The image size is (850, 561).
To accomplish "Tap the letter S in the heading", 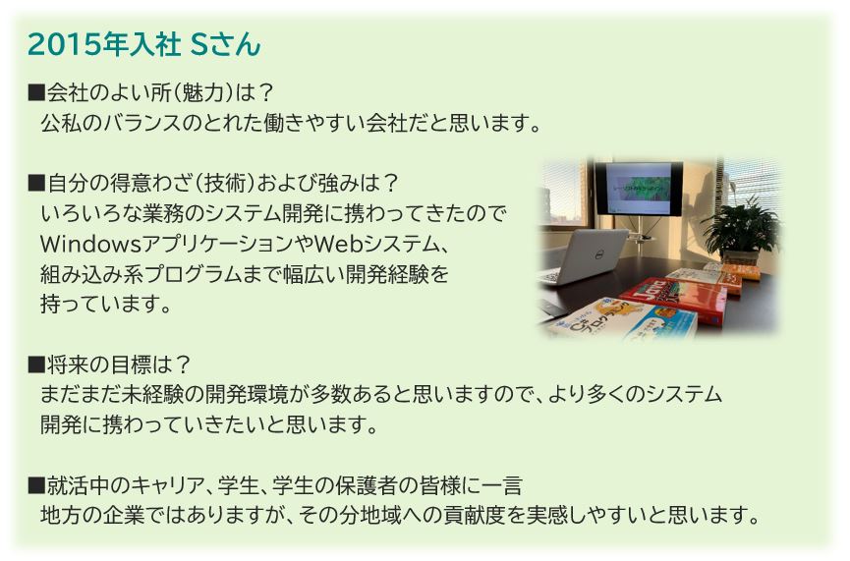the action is (x=199, y=44).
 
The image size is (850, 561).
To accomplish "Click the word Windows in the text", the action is (x=90, y=244).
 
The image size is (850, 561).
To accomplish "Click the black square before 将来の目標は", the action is (x=35, y=365).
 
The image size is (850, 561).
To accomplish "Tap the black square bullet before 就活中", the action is (x=35, y=485).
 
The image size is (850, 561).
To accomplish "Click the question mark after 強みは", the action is (x=390, y=183).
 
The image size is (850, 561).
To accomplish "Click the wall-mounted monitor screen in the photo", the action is (x=638, y=188).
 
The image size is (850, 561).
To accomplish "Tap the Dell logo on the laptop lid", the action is (x=598, y=254).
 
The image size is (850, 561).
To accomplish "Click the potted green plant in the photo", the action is (x=742, y=230).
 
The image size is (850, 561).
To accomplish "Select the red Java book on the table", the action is (x=673, y=300).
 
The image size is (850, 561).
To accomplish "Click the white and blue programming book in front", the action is (x=622, y=320).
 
